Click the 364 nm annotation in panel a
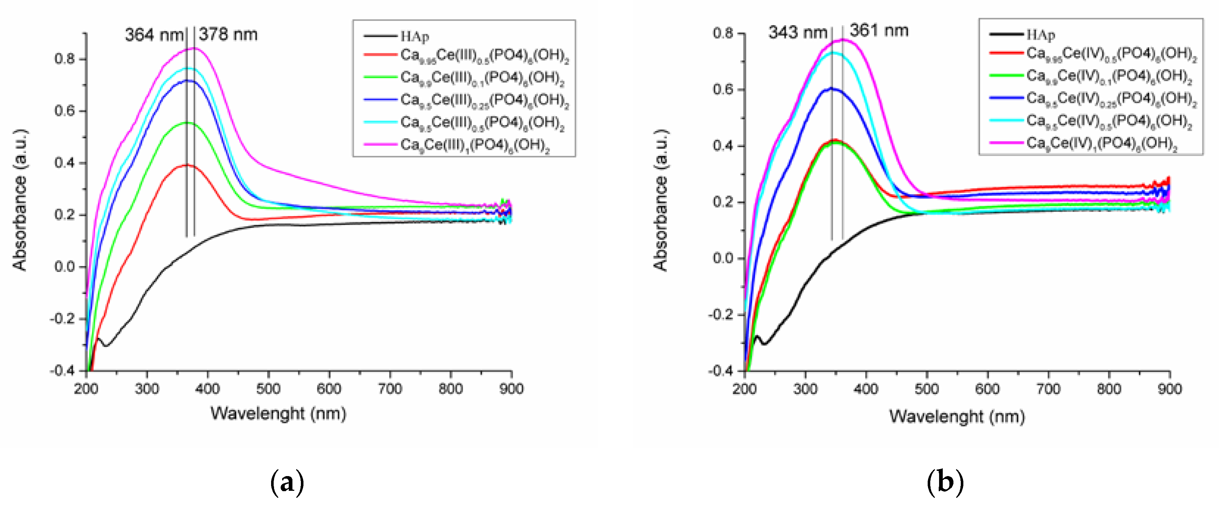(154, 35)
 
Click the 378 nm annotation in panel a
(228, 35)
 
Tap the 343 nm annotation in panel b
(797, 33)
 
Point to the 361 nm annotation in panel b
(879, 31)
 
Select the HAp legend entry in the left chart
(415, 36)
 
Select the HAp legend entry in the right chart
(1041, 35)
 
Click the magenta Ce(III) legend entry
(475, 145)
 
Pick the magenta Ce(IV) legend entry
(1101, 143)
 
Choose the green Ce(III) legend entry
(482, 78)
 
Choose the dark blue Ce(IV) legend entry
(1111, 99)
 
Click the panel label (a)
(287, 483)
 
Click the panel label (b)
(945, 483)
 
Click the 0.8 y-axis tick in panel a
(64, 59)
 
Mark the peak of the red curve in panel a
(187, 165)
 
